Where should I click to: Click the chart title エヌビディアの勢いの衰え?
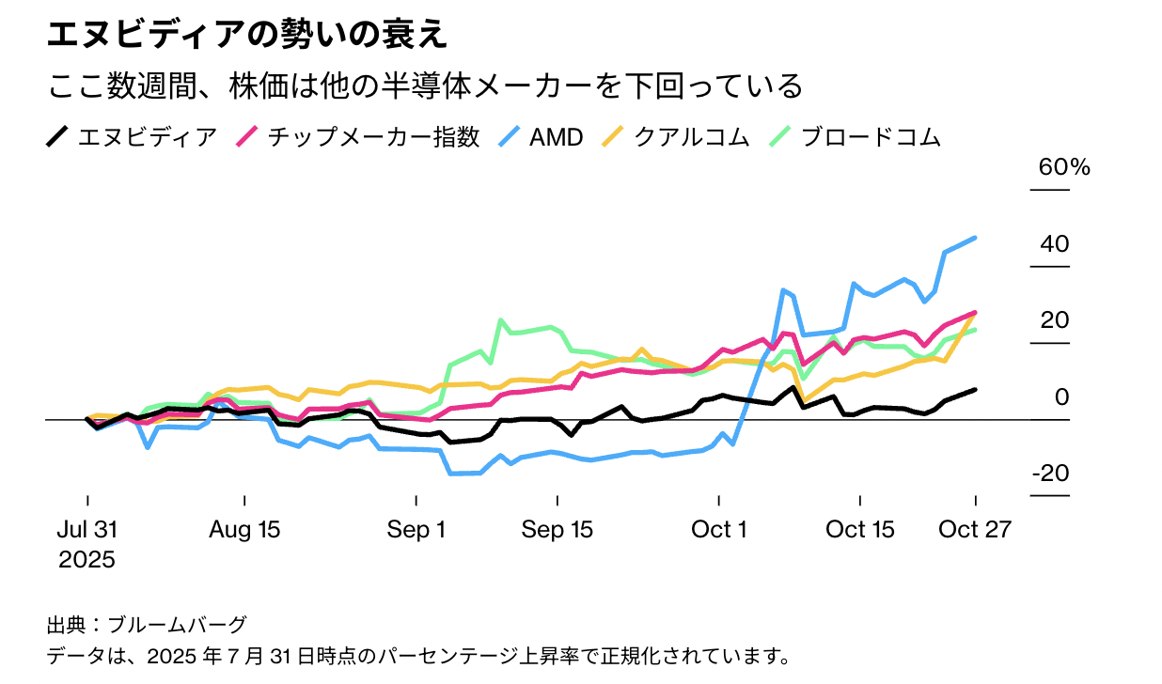pyautogui.click(x=246, y=35)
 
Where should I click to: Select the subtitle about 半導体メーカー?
pyautogui.click(x=424, y=85)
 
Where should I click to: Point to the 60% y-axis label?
pyautogui.click(x=1063, y=168)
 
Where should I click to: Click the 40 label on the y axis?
pyautogui.click(x=1055, y=244)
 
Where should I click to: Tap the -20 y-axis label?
pyautogui.click(x=1050, y=474)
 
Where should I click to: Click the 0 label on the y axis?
pyautogui.click(x=1061, y=397)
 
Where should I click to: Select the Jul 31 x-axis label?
pyautogui.click(x=87, y=530)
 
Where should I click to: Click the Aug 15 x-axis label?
pyautogui.click(x=244, y=530)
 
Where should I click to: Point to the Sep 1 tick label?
pyautogui.click(x=416, y=530)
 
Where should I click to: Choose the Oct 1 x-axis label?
pyautogui.click(x=719, y=530)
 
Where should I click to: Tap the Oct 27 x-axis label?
pyautogui.click(x=976, y=530)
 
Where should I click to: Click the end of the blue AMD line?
pyautogui.click(x=975, y=238)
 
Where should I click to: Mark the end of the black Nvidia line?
pyautogui.click(x=975, y=389)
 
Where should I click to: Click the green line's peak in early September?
pyautogui.click(x=501, y=320)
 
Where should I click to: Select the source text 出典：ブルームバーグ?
pyautogui.click(x=147, y=624)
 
